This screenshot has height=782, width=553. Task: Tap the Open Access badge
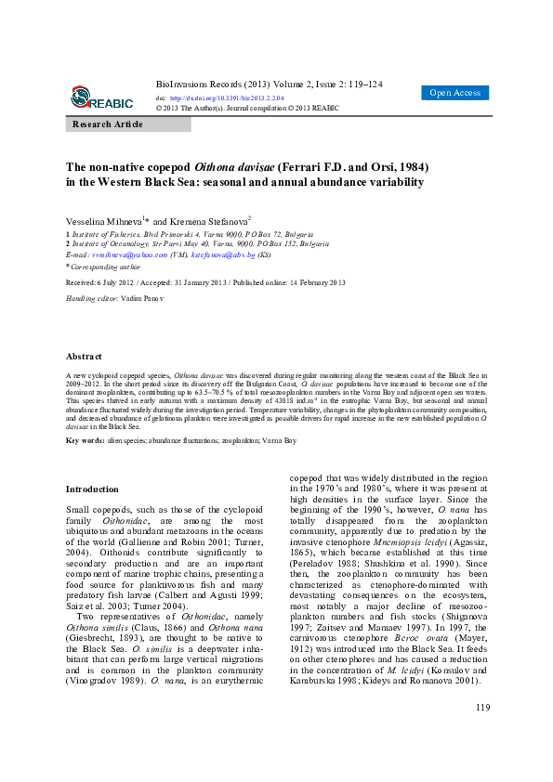(x=454, y=93)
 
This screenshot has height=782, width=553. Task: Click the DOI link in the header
(x=226, y=97)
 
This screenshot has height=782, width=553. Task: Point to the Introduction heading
(x=92, y=489)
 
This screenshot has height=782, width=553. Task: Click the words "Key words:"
(x=85, y=439)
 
